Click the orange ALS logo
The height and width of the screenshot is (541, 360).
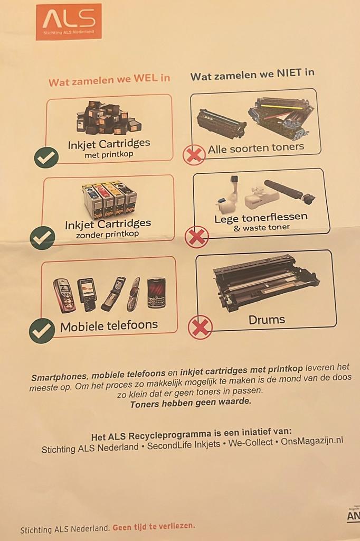tap(69, 22)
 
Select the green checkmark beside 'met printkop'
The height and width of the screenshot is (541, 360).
tap(46, 157)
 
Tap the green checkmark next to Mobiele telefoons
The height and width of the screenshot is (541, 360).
tap(42, 330)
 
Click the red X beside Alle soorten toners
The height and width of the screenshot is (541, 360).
tap(194, 155)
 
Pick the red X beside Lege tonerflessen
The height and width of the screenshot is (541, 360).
tap(196, 237)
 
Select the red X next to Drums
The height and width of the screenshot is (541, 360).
tap(200, 327)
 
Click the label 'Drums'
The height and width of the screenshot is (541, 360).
tap(267, 320)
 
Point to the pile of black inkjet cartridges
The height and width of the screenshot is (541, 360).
tap(108, 118)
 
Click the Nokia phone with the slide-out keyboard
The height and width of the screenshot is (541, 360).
tap(87, 293)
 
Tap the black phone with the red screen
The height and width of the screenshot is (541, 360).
tap(156, 292)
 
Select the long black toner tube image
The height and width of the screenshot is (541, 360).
tap(289, 191)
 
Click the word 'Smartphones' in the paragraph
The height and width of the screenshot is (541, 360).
tap(58, 377)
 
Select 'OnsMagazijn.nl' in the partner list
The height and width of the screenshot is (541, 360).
tap(311, 440)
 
